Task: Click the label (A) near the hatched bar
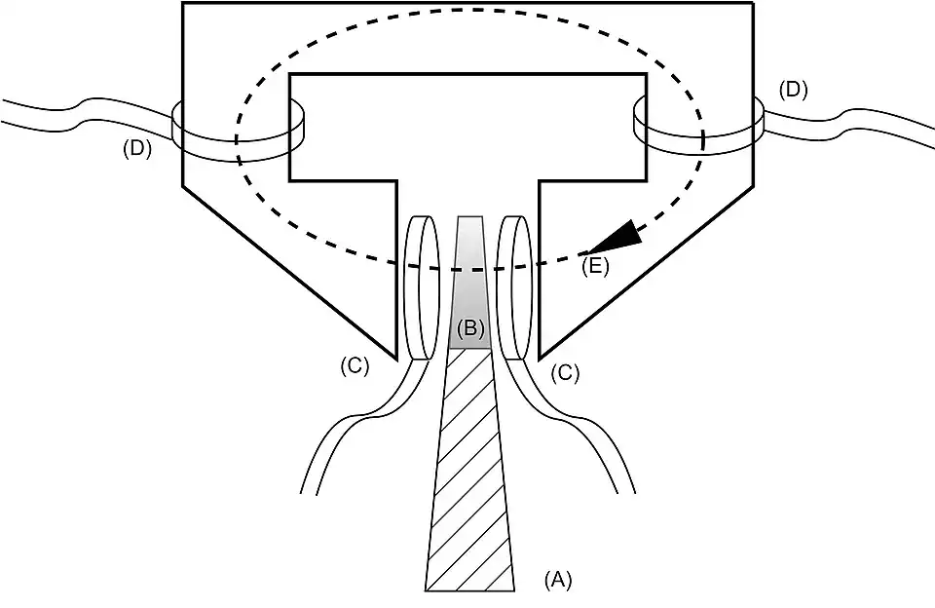pos(558,580)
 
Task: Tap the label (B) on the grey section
pos(470,328)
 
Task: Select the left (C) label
pos(354,366)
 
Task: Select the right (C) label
pos(565,371)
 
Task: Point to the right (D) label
pos(794,91)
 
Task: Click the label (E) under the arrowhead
pos(594,266)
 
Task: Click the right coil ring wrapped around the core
pos(695,127)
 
